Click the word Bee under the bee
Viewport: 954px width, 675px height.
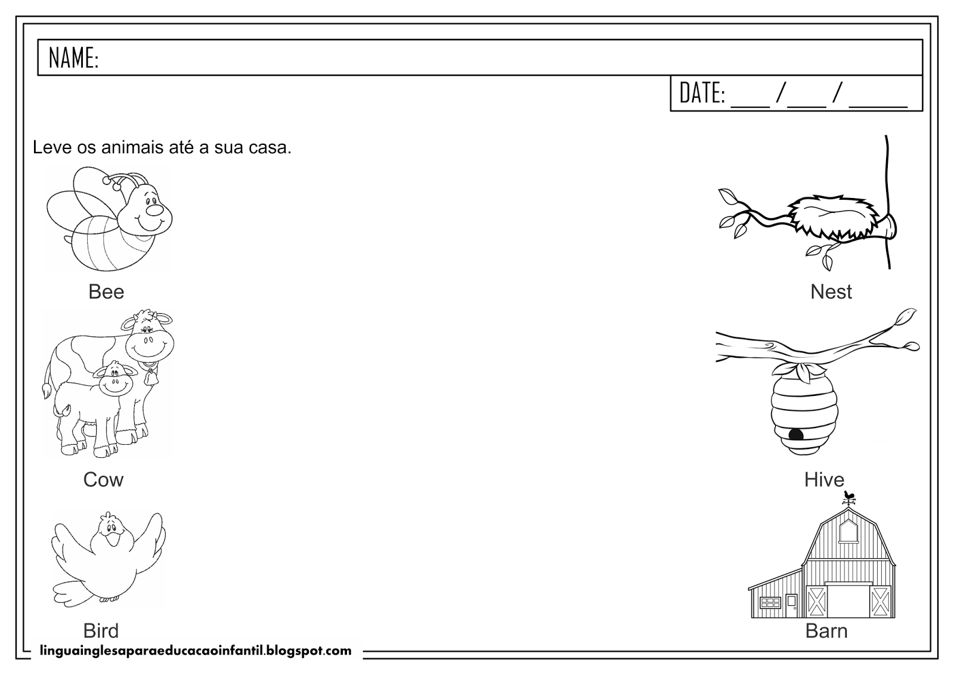coord(106,292)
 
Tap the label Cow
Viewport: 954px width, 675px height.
coord(103,479)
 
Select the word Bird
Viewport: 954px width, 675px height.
coord(101,630)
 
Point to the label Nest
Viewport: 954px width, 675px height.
coord(831,292)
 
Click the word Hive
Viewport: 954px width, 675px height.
coord(824,479)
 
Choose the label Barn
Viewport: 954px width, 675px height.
coord(826,630)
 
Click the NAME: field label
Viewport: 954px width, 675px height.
coord(73,58)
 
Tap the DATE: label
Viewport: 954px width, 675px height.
coord(702,93)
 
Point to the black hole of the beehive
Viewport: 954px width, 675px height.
coord(796,434)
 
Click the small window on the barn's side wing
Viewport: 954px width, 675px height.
coord(770,602)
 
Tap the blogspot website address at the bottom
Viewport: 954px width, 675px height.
coord(195,651)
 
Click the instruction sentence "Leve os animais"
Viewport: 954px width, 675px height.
coord(162,147)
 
